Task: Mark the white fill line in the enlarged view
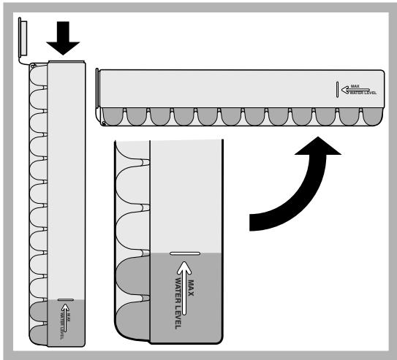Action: [x=185, y=254]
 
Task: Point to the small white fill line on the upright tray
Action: [x=64, y=299]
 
